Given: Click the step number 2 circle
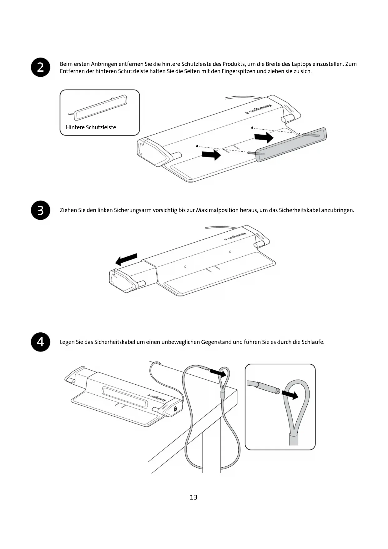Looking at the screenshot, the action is click(41, 67).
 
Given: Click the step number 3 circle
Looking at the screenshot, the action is click(41, 210).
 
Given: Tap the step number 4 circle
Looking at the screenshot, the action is click(41, 342).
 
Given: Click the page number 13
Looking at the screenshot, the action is click(194, 497).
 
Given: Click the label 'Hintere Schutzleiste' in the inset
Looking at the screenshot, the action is click(91, 127).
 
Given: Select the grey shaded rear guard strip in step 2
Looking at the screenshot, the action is click(291, 145).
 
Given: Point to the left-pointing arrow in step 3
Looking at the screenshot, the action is click(126, 259).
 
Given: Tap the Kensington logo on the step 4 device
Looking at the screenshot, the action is click(156, 399).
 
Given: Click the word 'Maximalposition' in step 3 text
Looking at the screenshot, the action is click(217, 210).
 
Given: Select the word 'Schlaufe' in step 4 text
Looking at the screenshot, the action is click(312, 342).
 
